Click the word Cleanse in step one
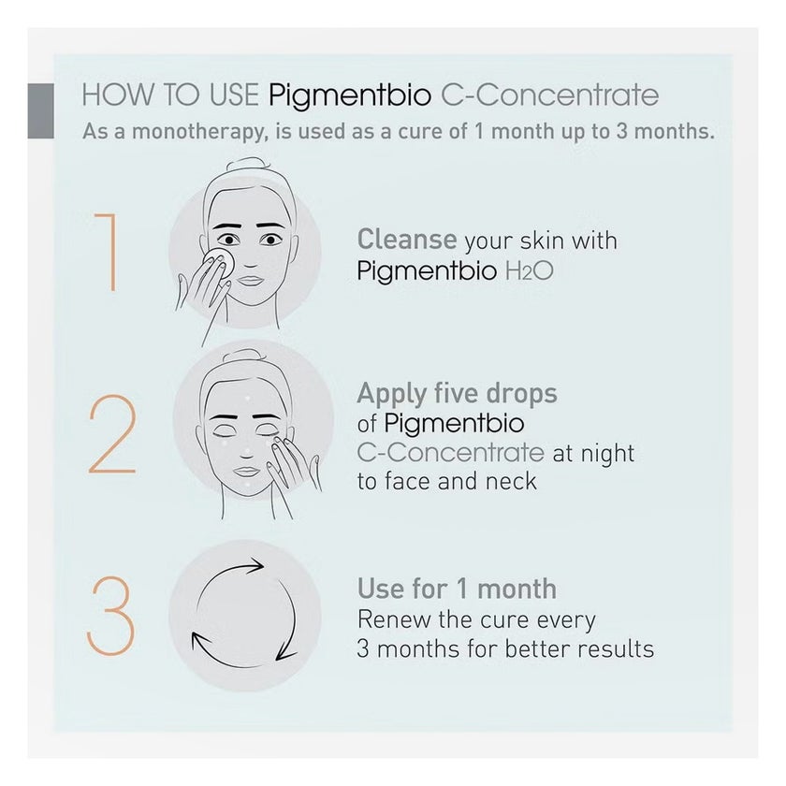(x=407, y=240)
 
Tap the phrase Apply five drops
(x=457, y=393)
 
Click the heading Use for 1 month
(x=457, y=589)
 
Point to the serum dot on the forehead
(x=245, y=398)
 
